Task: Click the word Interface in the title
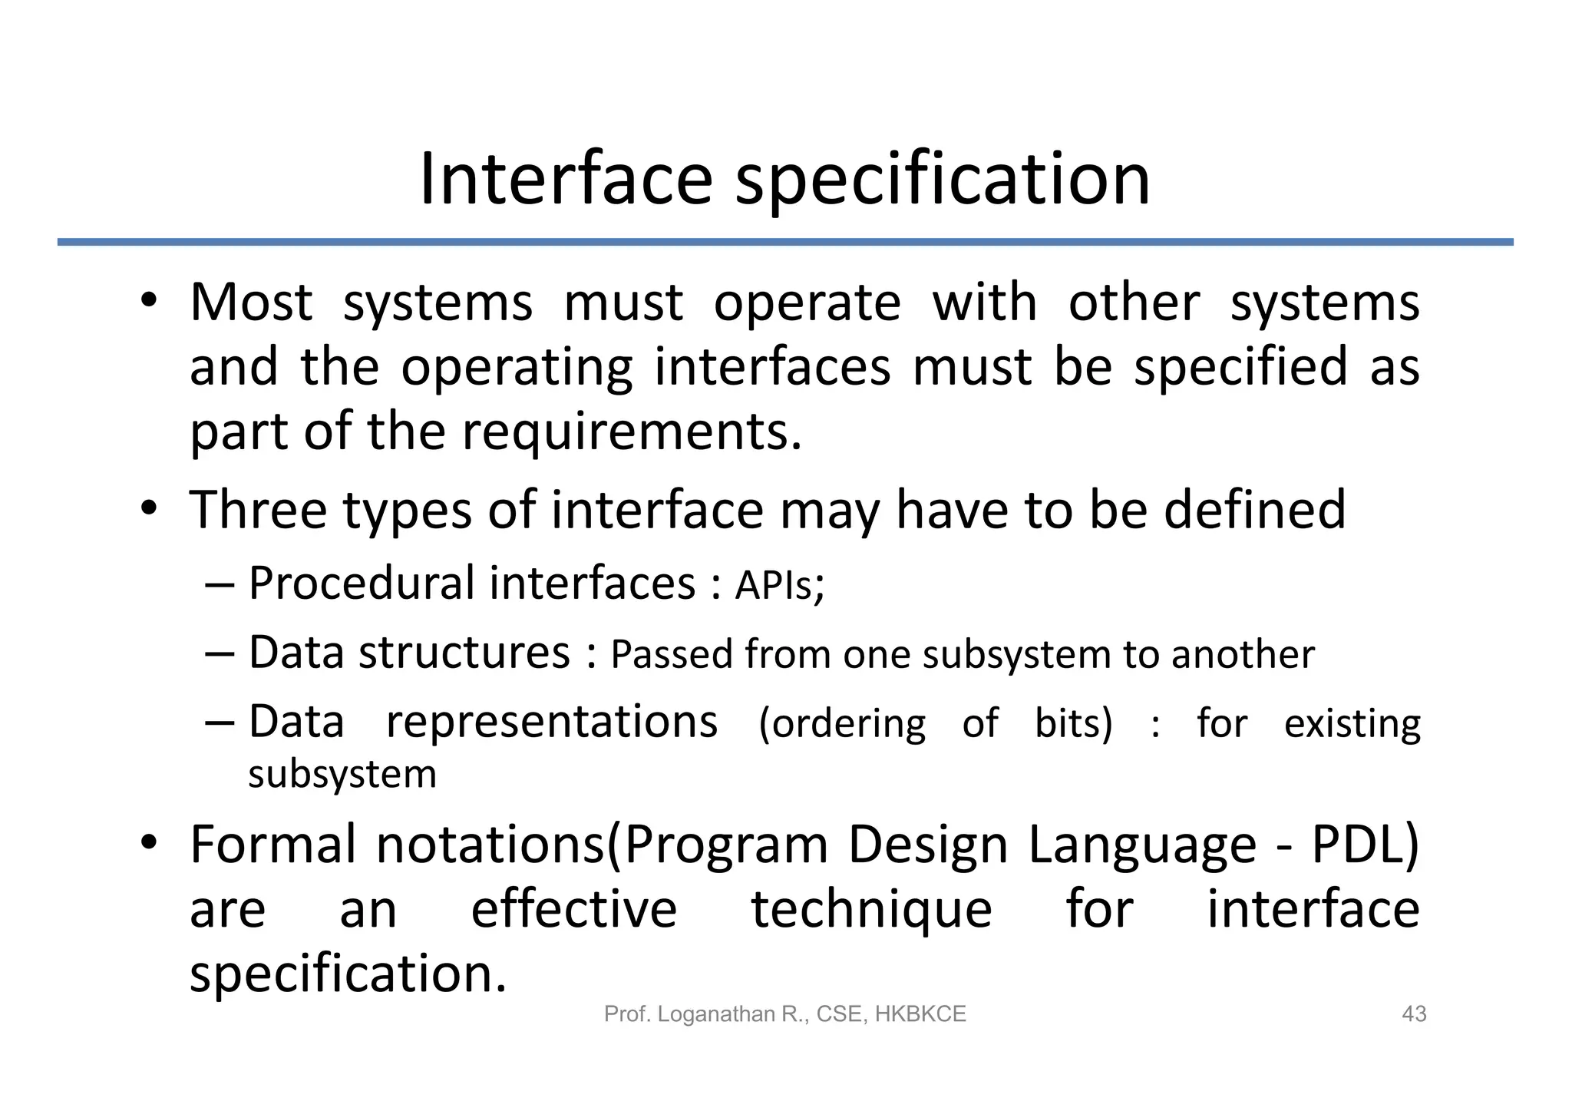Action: [566, 180]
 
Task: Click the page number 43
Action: [1414, 1014]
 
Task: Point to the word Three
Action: [258, 509]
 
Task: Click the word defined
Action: [1254, 509]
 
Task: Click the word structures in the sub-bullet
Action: [464, 653]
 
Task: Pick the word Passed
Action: [672, 655]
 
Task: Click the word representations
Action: [551, 722]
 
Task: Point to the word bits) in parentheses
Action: [1073, 723]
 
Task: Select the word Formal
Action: [272, 845]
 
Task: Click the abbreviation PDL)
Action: [1365, 845]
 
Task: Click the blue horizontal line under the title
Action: [784, 242]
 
